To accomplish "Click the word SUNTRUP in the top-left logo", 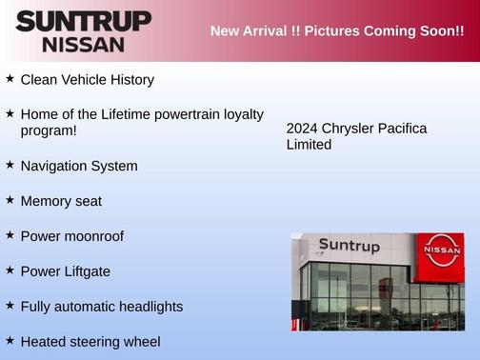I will click(83, 21).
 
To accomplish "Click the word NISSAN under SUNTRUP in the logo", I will click(83, 44).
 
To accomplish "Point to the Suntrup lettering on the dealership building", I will click(349, 246).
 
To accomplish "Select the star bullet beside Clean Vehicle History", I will click(10, 79).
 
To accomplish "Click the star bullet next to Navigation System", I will click(10, 165).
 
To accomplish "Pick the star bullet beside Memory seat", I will click(10, 200).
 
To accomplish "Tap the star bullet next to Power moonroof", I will click(10, 235).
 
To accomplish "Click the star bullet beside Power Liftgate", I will click(10, 270).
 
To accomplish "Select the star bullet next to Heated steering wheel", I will click(10, 340).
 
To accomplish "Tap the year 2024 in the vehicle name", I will click(302, 129).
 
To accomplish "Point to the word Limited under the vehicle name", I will click(309, 145).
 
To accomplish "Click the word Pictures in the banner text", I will click(319, 31).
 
